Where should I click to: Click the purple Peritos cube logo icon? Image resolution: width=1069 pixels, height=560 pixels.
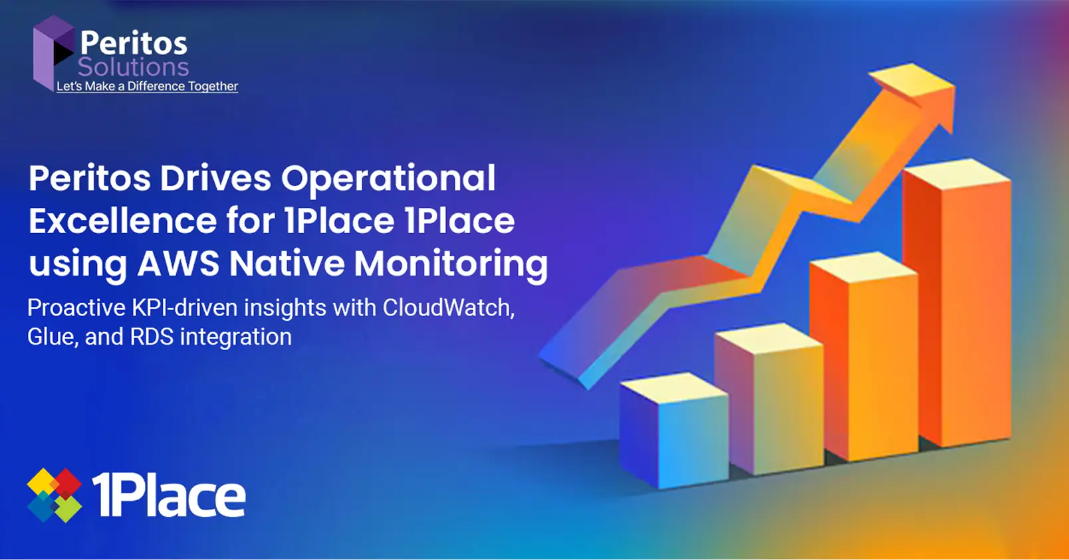[53, 52]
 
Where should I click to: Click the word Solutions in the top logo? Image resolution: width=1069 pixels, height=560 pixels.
[133, 67]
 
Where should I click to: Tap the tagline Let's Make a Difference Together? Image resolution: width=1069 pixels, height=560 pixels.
[147, 86]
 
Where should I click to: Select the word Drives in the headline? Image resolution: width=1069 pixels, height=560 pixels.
[215, 179]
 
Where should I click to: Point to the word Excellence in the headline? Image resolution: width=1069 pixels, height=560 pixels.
[122, 221]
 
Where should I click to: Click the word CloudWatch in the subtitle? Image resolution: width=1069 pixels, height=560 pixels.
[449, 308]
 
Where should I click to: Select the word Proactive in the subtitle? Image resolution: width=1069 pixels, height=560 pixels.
[76, 308]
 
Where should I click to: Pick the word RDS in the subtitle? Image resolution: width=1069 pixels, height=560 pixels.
[152, 336]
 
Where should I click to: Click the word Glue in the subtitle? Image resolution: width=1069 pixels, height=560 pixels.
[53, 337]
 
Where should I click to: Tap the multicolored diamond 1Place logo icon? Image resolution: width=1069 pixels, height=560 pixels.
[55, 495]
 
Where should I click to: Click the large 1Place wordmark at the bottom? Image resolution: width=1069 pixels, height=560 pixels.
[168, 495]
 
